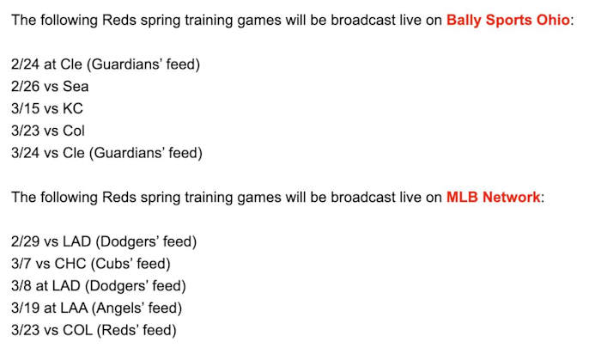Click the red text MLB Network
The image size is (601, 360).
(493, 197)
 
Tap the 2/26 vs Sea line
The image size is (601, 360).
(50, 86)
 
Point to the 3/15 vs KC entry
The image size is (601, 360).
(47, 108)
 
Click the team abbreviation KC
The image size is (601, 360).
(73, 108)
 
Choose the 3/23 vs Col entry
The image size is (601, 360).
(48, 131)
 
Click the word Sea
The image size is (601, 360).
(75, 86)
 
